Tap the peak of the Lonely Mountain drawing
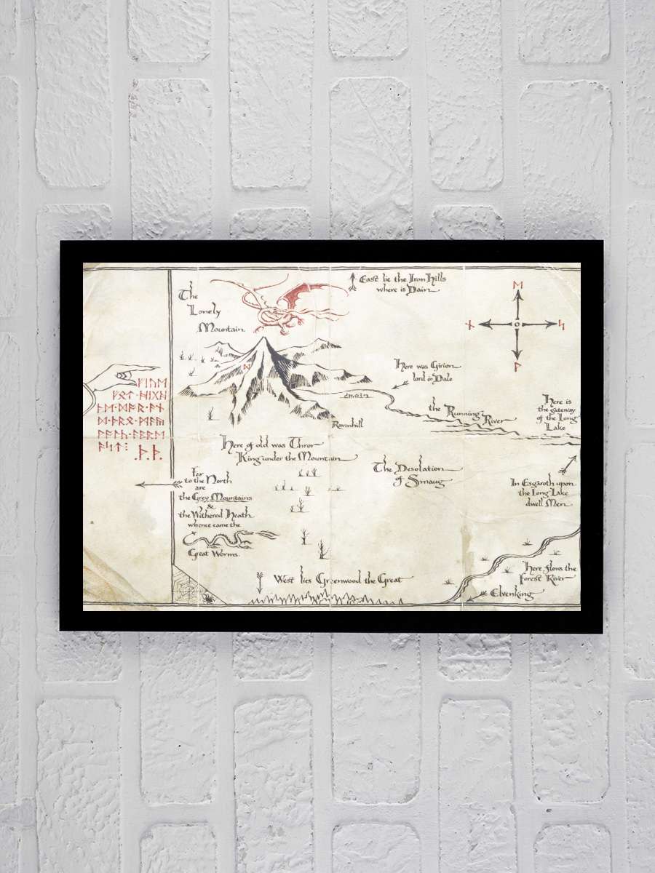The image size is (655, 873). [263, 340]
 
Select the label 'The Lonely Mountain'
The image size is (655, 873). [212, 313]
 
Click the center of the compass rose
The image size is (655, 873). [517, 324]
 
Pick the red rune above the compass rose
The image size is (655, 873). [517, 284]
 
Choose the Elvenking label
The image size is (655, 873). [511, 594]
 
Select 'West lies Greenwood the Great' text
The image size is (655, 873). [342, 580]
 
